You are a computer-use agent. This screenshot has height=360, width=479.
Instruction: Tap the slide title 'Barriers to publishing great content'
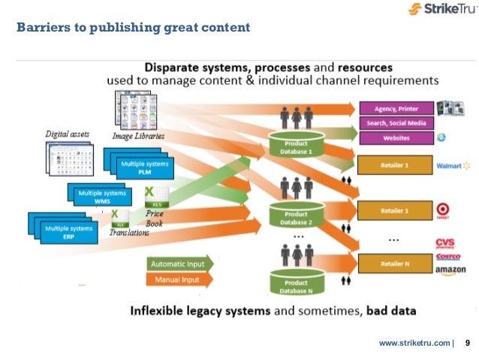[133, 29]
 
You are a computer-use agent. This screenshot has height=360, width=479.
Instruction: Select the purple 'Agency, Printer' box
[395, 107]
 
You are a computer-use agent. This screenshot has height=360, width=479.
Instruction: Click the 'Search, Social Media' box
[395, 123]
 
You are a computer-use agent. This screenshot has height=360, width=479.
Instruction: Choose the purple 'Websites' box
[395, 138]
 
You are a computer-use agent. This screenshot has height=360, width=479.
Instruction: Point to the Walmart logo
[452, 165]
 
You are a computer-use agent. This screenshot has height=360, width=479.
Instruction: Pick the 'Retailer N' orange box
[395, 264]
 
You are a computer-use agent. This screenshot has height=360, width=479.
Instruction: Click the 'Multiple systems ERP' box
[70, 231]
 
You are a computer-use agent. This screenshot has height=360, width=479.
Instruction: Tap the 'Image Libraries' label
[138, 136]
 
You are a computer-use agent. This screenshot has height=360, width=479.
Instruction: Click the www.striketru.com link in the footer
[414, 343]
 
